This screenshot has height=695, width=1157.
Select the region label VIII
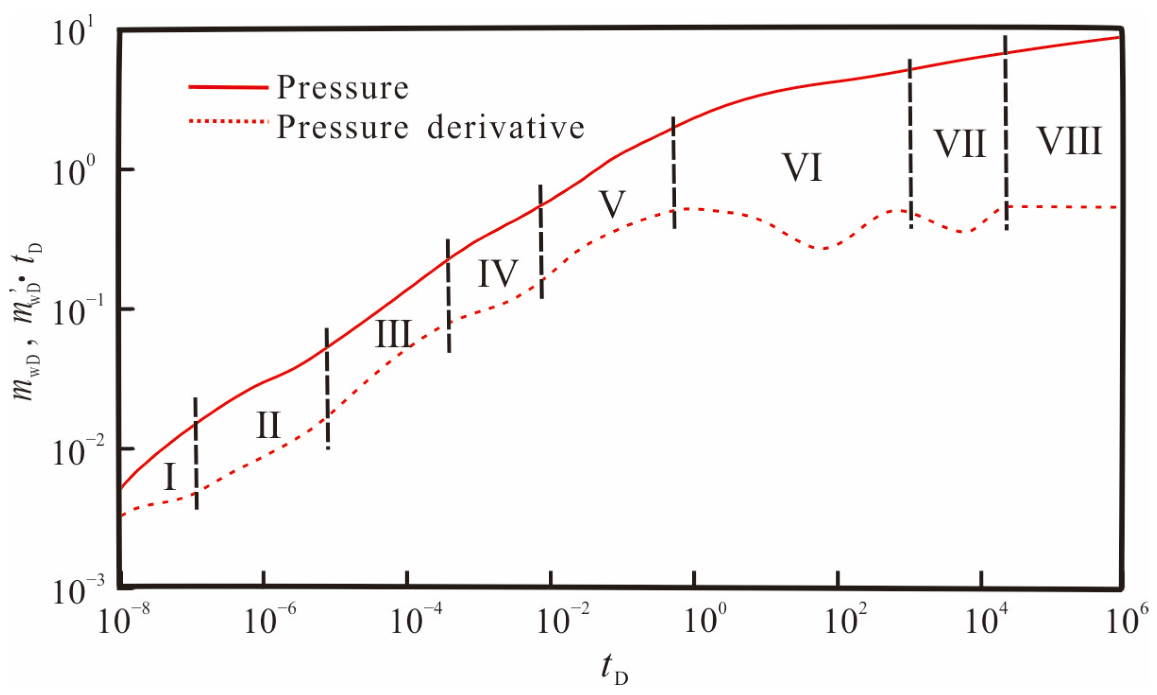point(1070,141)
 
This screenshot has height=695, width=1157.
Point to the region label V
point(612,204)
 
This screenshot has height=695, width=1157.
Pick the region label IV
point(498,273)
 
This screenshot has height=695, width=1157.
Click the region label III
point(393,333)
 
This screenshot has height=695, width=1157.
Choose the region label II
point(268,425)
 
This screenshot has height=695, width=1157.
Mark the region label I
point(170,477)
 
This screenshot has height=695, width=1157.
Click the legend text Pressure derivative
point(430,127)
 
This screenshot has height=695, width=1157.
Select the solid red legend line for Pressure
point(229,87)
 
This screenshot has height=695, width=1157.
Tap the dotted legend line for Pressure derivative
point(229,122)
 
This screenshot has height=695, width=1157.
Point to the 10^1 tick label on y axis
point(74,32)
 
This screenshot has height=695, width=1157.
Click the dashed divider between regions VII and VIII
point(1006,132)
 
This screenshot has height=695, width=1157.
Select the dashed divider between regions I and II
point(196,453)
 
